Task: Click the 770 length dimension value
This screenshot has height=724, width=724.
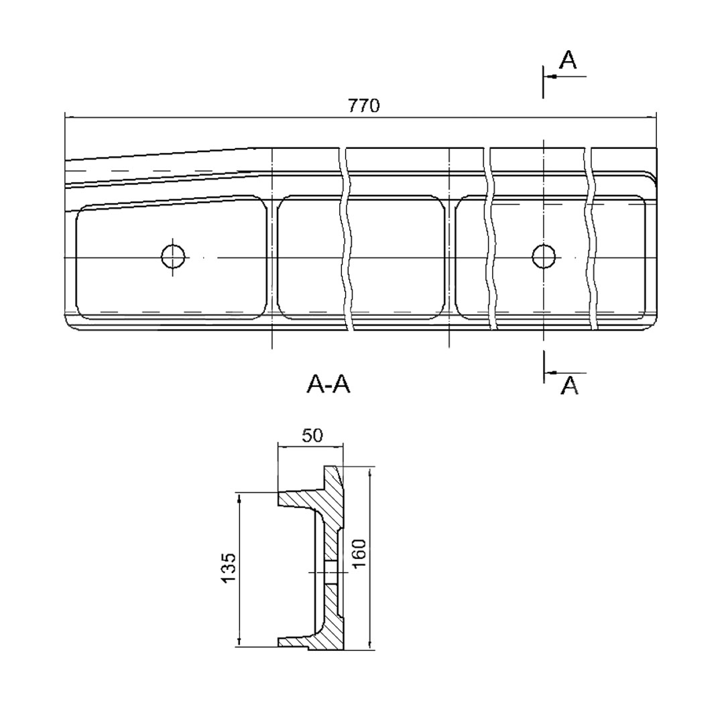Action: coord(364,106)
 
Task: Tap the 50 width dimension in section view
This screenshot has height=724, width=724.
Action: coord(312,436)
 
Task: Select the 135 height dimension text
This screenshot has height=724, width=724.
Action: coord(229,568)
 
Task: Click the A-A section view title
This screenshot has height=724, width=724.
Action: coord(328,384)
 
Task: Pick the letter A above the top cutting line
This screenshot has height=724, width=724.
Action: coord(568,60)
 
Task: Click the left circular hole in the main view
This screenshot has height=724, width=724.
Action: coord(173,256)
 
